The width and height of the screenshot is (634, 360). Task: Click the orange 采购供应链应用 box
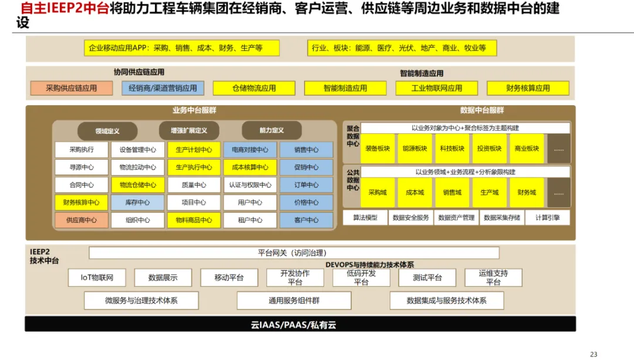tap(72, 88)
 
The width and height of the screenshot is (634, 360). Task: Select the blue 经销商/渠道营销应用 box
tap(163, 88)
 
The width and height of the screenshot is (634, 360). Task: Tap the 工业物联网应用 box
tap(436, 88)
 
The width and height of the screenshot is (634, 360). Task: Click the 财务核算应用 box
tap(528, 88)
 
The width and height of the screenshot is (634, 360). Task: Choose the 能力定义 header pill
tap(271, 130)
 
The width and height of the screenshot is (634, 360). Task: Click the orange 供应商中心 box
tap(82, 220)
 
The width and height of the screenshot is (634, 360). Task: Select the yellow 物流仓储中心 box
tap(138, 185)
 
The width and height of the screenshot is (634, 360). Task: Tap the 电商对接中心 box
tap(249, 150)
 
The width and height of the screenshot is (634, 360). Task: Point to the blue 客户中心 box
tap(306, 220)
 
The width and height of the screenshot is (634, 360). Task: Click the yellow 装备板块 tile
tap(377, 149)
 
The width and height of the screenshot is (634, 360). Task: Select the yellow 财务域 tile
tap(527, 193)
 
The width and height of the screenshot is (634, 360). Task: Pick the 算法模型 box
tap(365, 217)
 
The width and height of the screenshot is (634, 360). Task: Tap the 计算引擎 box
tap(547, 217)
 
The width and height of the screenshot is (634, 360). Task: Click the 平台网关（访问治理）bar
tap(294, 253)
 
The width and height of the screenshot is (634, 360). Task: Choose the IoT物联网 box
tap(97, 278)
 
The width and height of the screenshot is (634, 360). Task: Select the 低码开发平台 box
tap(361, 278)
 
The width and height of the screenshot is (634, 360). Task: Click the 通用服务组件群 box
tap(294, 301)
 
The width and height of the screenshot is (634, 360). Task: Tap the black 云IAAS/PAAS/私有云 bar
tap(300, 324)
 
